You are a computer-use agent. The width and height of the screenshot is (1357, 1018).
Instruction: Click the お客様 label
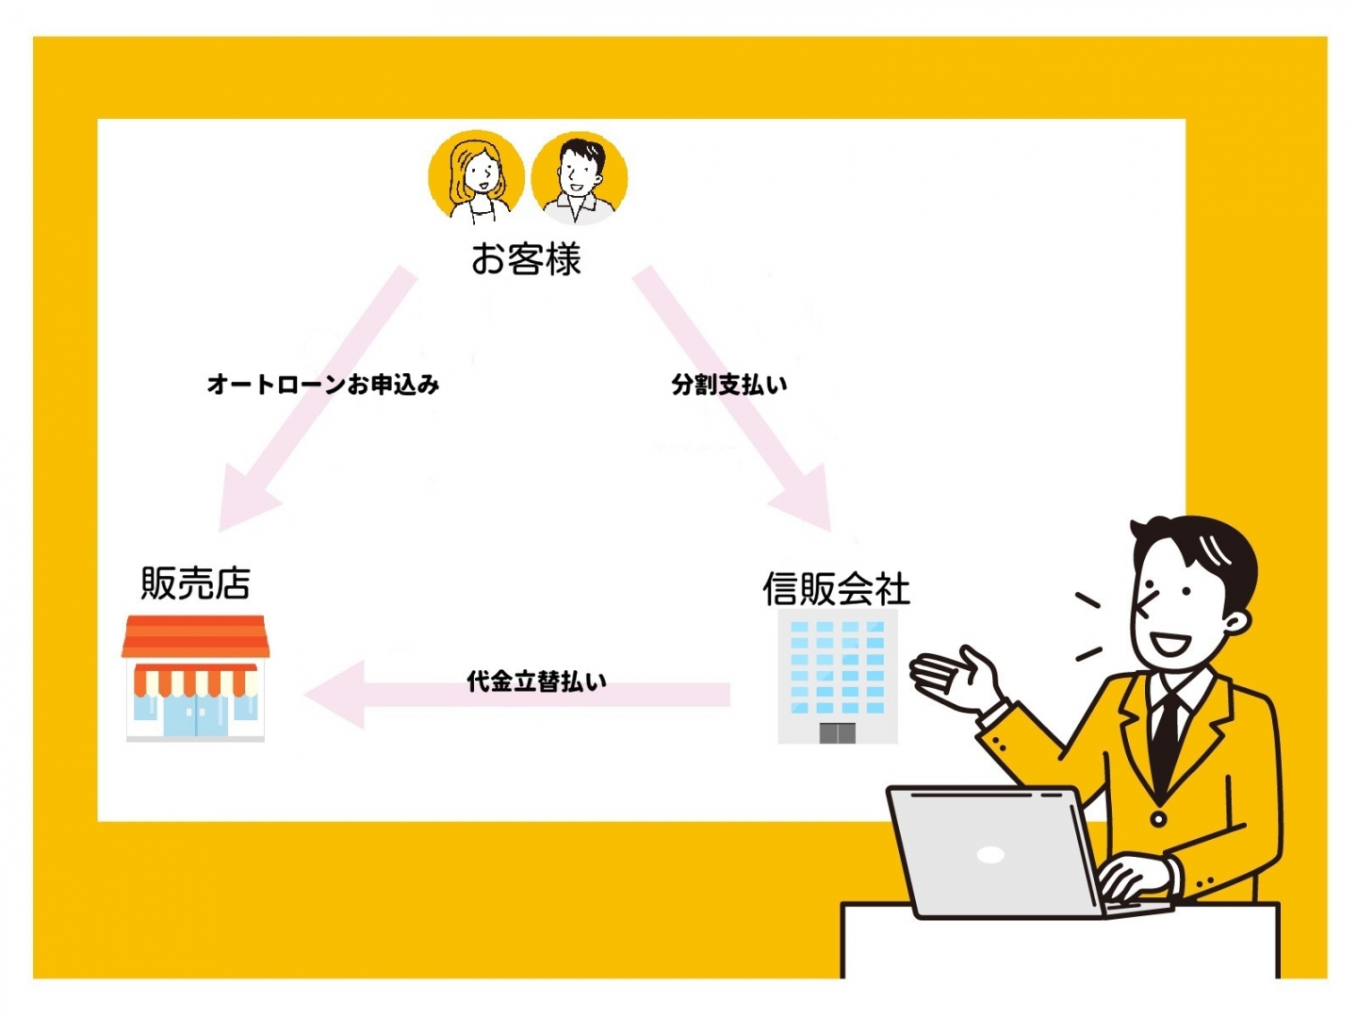526,258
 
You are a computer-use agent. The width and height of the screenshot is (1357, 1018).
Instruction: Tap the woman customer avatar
476,177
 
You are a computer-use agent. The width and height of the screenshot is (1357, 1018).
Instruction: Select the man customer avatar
580,178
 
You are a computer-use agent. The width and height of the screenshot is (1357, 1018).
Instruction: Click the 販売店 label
195,583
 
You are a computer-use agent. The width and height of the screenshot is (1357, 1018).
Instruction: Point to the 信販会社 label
836,588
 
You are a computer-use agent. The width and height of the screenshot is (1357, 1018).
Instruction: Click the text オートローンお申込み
323,385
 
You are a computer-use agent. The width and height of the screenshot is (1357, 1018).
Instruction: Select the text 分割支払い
729,385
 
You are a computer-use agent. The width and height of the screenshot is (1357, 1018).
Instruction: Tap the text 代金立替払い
536,681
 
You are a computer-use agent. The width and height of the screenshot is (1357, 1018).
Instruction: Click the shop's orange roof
195,636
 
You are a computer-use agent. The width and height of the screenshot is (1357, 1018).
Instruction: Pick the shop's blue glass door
195,715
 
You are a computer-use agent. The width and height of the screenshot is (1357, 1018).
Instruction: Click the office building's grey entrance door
837,732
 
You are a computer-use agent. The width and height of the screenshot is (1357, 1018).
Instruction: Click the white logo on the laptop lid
990,855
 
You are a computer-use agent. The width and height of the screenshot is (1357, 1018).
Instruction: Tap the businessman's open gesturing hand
956,678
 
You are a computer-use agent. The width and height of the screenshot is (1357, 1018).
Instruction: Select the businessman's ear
1235,622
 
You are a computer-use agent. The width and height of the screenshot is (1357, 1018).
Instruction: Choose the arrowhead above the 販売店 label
246,501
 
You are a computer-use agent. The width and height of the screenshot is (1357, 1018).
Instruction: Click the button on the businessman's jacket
1158,820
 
